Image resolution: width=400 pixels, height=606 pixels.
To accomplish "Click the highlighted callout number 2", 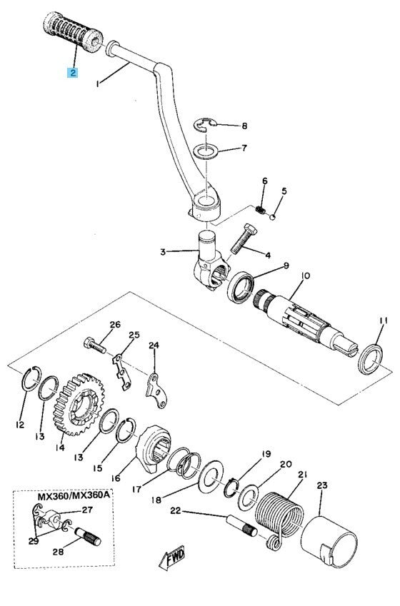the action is pos(72,72).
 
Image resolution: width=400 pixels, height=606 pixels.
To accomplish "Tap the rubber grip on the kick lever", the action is pos(73,32).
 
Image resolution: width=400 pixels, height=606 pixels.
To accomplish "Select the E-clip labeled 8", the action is pos(205,125).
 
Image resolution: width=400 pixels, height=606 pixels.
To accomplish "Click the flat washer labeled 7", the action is pos(206,151).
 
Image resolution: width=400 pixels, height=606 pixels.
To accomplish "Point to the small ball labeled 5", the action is pos(273,216).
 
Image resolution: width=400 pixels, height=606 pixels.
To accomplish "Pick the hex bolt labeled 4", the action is pos(244,238).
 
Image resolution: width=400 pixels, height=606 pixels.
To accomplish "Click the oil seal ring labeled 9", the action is pos(241,288).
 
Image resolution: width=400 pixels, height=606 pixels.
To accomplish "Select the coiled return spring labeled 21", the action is pos(279,520).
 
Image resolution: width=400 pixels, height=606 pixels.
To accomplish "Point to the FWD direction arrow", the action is pos(171,557).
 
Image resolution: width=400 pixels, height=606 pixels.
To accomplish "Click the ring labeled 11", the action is pos(370,359).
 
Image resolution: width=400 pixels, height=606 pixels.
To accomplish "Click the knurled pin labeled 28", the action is pos(87,537).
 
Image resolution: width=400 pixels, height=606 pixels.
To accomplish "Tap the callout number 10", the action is pos(305,276).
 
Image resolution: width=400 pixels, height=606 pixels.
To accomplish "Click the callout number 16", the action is pos(116,478).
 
